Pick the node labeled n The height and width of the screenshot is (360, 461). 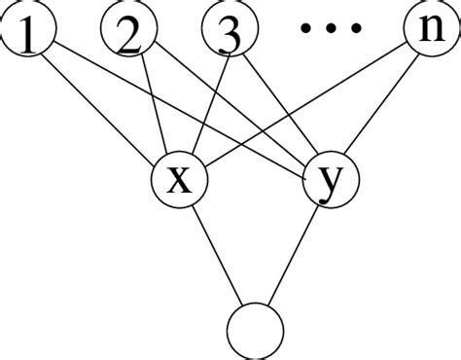[x=429, y=33]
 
